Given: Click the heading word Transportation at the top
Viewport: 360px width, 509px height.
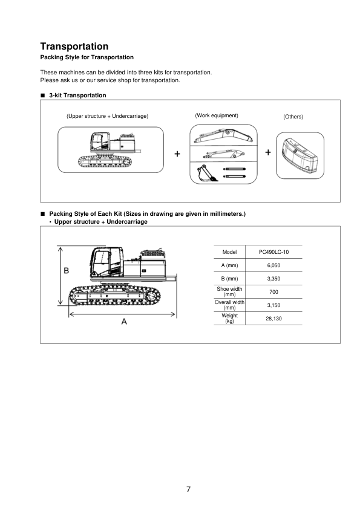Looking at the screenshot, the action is (x=74, y=47).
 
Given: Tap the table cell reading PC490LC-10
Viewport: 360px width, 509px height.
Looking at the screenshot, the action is (x=273, y=252).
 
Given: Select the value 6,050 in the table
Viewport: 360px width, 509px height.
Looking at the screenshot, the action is (x=273, y=265).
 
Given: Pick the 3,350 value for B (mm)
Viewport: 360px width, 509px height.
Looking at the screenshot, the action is (x=273, y=279).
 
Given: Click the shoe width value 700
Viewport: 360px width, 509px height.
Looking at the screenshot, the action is (x=273, y=292).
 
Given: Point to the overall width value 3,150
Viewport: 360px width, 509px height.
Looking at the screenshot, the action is (x=273, y=305).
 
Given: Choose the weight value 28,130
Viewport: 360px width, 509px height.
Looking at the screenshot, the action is (x=273, y=319).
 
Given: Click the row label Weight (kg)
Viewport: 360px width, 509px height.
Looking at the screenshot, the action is (x=229, y=318).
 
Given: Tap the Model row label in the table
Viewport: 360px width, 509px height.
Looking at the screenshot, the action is (x=229, y=252).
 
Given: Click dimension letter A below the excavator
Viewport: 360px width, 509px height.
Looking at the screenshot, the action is (x=124, y=322).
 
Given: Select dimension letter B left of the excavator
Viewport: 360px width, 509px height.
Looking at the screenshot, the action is (x=67, y=270).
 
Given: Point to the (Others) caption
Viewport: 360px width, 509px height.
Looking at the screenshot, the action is (x=293, y=117).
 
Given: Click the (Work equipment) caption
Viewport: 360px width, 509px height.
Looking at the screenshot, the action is (x=217, y=115).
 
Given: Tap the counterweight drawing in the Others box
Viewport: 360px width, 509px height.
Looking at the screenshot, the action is (x=300, y=155).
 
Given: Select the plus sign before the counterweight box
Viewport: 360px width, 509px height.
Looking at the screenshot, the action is (x=268, y=152).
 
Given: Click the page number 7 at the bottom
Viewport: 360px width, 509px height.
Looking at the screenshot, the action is (x=188, y=489).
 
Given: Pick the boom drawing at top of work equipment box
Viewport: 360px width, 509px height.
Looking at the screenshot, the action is (x=223, y=135).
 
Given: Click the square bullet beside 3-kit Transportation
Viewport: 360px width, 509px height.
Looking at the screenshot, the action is (x=42, y=96).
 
